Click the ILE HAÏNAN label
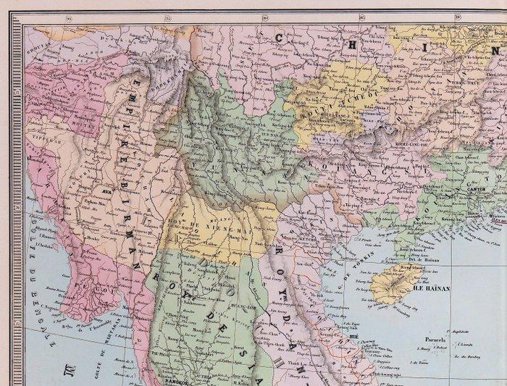433,288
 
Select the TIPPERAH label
40,134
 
